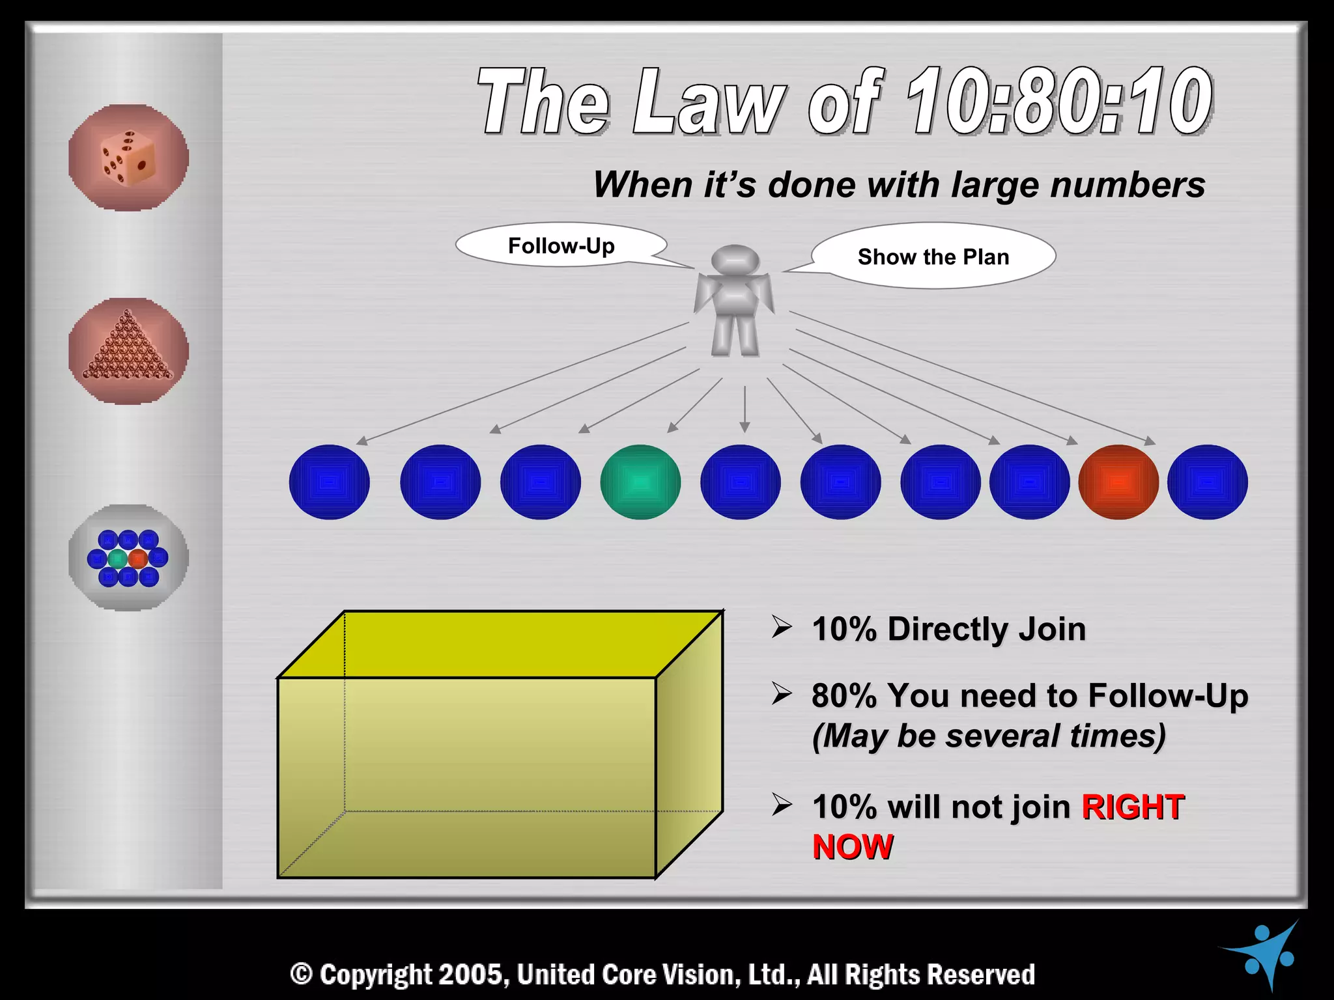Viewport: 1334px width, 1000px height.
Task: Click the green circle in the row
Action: [640, 482]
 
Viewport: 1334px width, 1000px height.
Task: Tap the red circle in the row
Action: [1118, 482]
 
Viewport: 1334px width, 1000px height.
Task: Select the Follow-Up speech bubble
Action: [561, 245]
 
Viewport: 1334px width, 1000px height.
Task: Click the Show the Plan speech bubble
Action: [933, 257]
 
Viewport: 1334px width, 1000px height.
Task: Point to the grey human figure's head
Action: [735, 260]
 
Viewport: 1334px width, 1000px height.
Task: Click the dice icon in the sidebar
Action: [128, 158]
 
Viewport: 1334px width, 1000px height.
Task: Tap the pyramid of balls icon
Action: [128, 351]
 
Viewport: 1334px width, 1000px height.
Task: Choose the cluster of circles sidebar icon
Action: [128, 558]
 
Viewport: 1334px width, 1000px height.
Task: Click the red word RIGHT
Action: [1132, 807]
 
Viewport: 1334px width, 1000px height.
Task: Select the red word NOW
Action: [853, 848]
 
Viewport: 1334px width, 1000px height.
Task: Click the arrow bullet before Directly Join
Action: [782, 627]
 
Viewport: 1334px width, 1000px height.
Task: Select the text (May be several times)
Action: [989, 736]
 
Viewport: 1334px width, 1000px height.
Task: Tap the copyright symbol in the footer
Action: [302, 975]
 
